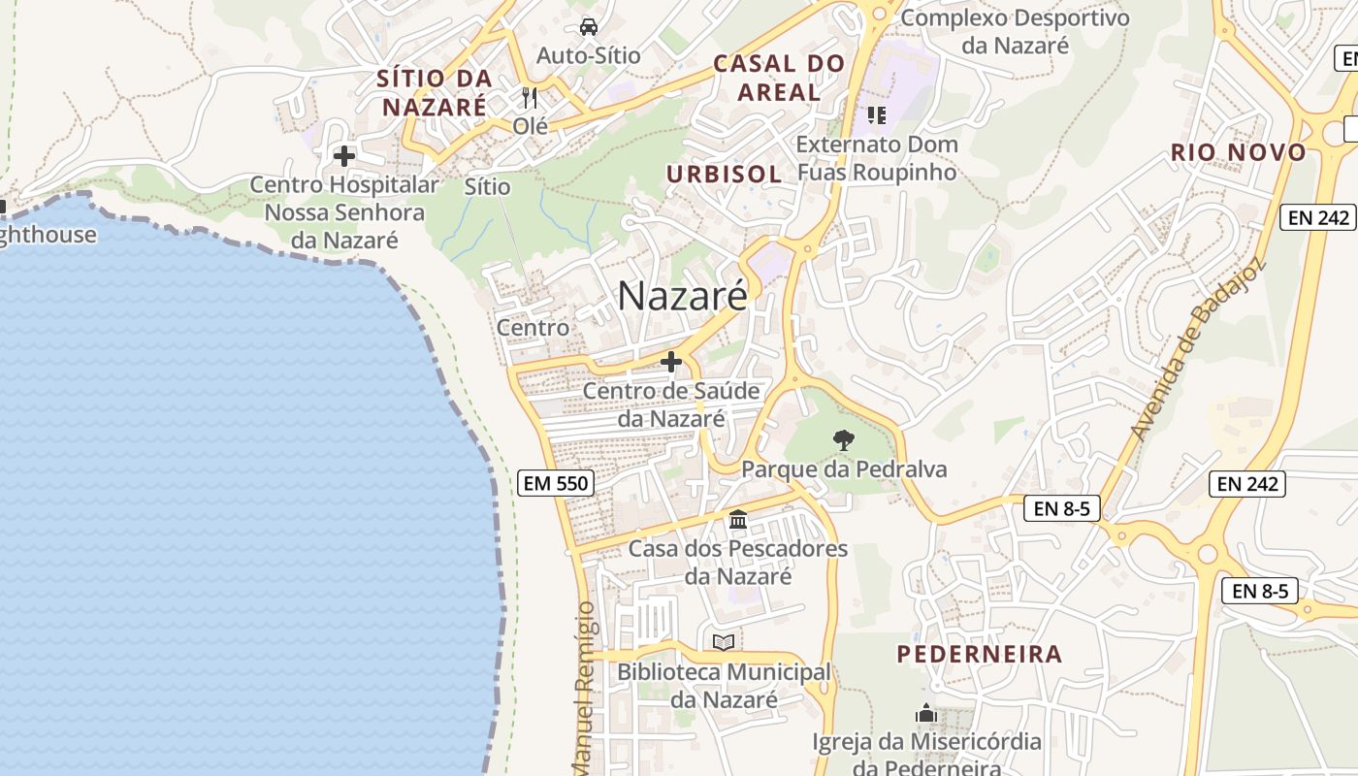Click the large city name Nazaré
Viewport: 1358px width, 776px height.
(x=682, y=296)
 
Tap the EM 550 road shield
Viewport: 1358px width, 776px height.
(x=556, y=483)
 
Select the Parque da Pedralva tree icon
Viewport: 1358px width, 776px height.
(x=844, y=440)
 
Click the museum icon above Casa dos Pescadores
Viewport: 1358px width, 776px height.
(x=738, y=520)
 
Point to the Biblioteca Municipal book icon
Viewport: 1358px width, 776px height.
(x=723, y=642)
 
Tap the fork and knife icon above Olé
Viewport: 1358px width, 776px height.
(x=530, y=97)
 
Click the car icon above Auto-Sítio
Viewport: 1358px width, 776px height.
(x=588, y=26)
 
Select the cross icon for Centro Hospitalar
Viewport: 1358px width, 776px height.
(x=343, y=155)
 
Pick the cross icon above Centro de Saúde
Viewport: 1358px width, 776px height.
(x=670, y=362)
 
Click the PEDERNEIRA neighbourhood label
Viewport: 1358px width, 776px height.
(x=979, y=654)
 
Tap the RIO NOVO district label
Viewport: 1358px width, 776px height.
(x=1239, y=152)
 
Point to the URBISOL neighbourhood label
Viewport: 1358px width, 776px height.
(x=724, y=175)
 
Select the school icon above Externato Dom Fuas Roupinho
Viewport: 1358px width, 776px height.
(x=877, y=116)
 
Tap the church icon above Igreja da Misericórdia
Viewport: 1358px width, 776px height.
(x=926, y=714)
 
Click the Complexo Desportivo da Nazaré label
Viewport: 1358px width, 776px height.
(x=1016, y=31)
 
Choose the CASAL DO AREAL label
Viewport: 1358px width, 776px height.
(x=779, y=79)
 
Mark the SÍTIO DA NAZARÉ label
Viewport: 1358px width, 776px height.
(x=434, y=92)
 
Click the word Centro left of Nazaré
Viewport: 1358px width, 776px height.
(x=533, y=328)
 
